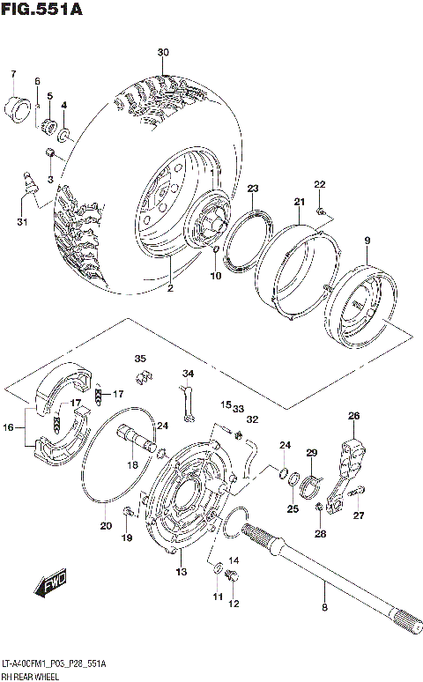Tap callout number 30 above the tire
click(162, 53)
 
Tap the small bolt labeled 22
click(324, 211)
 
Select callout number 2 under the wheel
click(170, 287)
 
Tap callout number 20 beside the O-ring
click(105, 527)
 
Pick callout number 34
click(187, 373)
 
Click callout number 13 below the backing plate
click(181, 572)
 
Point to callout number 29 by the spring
click(310, 452)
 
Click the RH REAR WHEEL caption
click(33, 675)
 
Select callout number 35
click(140, 358)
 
